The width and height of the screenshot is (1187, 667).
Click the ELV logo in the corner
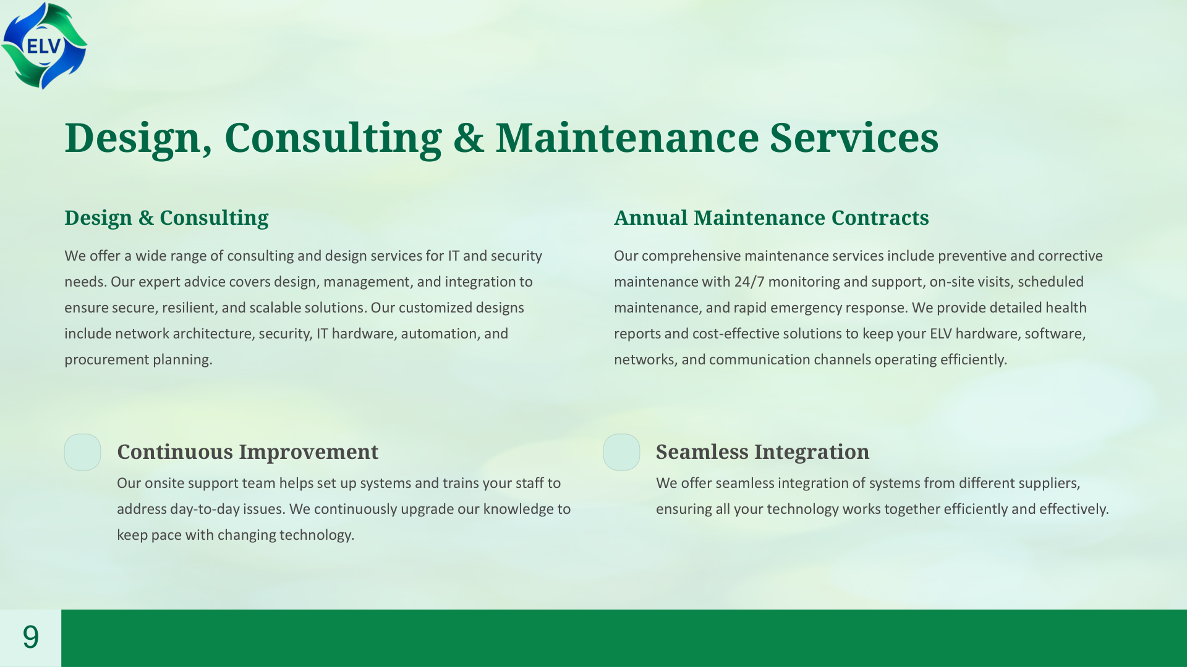[44, 46]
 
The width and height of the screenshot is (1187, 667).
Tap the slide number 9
[30, 637]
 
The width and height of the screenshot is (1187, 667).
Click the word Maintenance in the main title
[627, 138]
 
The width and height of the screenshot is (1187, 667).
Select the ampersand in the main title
[468, 138]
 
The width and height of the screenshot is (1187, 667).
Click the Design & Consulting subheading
[166, 218]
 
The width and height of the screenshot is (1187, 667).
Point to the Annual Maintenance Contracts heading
[771, 218]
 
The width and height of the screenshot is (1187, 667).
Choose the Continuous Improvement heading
[247, 452]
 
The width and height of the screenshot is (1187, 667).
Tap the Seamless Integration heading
[762, 452]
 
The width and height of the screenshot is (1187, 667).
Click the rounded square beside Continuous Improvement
[82, 452]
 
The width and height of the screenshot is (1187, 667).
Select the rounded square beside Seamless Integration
[621, 452]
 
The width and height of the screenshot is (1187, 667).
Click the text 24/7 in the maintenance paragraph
[749, 282]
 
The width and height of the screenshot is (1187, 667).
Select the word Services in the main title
[854, 138]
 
